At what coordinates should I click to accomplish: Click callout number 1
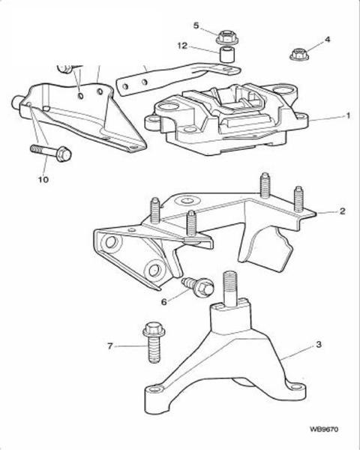click(348, 116)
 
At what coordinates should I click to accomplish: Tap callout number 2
click(342, 211)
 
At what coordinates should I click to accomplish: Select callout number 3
click(319, 344)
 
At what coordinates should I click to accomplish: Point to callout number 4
click(327, 39)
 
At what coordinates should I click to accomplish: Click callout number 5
click(196, 25)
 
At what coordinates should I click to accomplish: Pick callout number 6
click(163, 302)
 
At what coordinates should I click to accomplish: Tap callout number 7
click(110, 346)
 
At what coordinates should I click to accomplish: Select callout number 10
click(43, 179)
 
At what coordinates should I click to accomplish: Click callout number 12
click(182, 46)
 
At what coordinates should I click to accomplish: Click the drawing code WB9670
click(324, 430)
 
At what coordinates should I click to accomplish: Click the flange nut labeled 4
click(299, 55)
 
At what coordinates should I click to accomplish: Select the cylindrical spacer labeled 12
click(226, 54)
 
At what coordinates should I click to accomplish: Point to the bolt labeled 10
click(51, 152)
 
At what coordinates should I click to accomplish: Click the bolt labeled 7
click(152, 342)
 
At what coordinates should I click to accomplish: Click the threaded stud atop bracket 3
click(230, 289)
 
